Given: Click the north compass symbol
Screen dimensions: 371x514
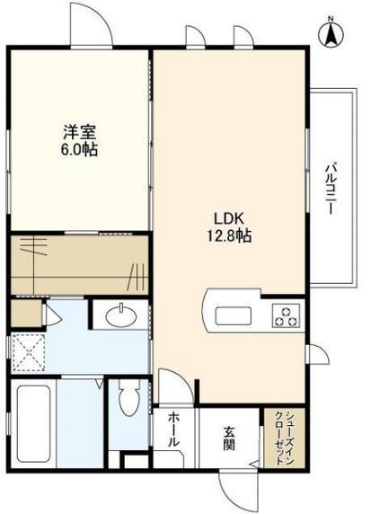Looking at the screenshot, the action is pyautogui.click(x=331, y=33).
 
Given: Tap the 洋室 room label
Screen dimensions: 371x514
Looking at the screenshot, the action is pyautogui.click(x=79, y=132).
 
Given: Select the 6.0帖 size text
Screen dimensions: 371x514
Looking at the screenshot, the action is pyautogui.click(x=79, y=149).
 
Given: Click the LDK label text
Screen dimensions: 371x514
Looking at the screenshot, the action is pyautogui.click(x=228, y=218).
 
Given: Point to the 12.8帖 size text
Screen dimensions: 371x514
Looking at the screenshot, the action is pyautogui.click(x=229, y=235).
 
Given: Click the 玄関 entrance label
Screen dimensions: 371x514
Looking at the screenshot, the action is pyautogui.click(x=229, y=439).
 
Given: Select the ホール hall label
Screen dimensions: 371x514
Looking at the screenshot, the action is pyautogui.click(x=173, y=430).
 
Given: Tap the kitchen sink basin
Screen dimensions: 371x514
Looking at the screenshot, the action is pyautogui.click(x=233, y=316).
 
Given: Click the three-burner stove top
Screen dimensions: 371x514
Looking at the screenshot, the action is pyautogui.click(x=287, y=315).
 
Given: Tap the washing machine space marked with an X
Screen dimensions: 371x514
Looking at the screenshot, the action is pyautogui.click(x=28, y=353).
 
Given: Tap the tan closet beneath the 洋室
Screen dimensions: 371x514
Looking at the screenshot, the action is pyautogui.click(x=80, y=264).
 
